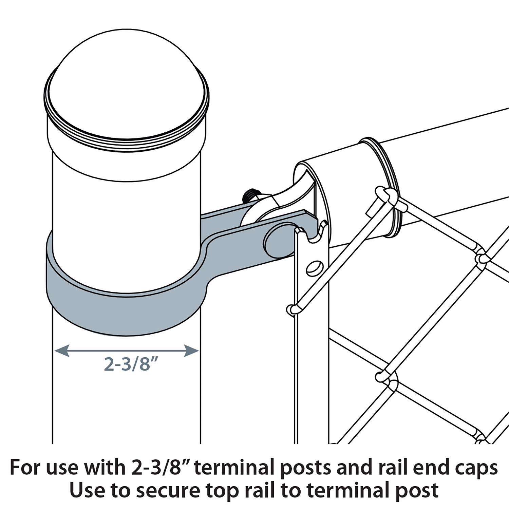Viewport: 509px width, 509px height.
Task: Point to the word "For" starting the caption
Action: pyautogui.click(x=26, y=468)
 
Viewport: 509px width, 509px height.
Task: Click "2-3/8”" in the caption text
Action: pyautogui.click(x=154, y=468)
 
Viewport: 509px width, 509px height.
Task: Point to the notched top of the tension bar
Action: pyautogui.click(x=310, y=231)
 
